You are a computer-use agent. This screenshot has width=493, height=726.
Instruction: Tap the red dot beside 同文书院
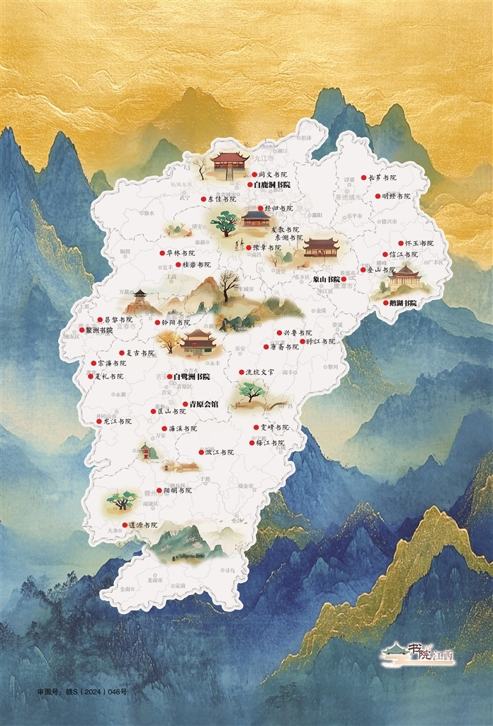(x=254, y=174)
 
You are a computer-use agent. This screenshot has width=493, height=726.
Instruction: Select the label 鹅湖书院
(x=403, y=303)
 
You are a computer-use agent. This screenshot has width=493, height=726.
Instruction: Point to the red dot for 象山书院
(x=344, y=279)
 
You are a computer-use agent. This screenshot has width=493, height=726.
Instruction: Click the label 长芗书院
(x=382, y=177)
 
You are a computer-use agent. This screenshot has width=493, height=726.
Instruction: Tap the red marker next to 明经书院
(x=378, y=196)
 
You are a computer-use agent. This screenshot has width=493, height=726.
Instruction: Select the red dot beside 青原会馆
(x=186, y=404)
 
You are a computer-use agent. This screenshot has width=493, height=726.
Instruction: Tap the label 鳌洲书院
(x=98, y=330)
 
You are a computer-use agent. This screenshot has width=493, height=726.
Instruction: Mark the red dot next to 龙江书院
(x=99, y=421)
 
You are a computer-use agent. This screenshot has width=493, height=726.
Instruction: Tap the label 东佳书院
(x=221, y=199)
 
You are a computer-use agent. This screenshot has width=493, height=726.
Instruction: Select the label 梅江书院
(x=270, y=442)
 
